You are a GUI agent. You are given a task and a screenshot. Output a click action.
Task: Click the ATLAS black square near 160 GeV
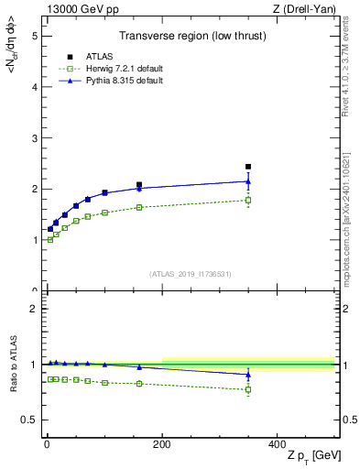click(x=139, y=185)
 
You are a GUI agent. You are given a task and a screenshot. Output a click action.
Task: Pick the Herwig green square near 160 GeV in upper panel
click(x=139, y=207)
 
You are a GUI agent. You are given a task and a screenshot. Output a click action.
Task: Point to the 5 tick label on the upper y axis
click(x=34, y=36)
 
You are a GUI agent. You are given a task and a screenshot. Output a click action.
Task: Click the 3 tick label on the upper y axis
click(x=34, y=138)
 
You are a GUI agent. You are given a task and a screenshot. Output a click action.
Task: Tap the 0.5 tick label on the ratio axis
click(x=30, y=420)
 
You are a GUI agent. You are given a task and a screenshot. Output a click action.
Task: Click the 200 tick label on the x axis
click(x=162, y=444)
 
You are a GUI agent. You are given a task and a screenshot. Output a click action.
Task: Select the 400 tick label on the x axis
click(x=277, y=444)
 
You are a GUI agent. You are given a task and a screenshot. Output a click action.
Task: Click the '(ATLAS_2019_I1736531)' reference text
click(x=191, y=274)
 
